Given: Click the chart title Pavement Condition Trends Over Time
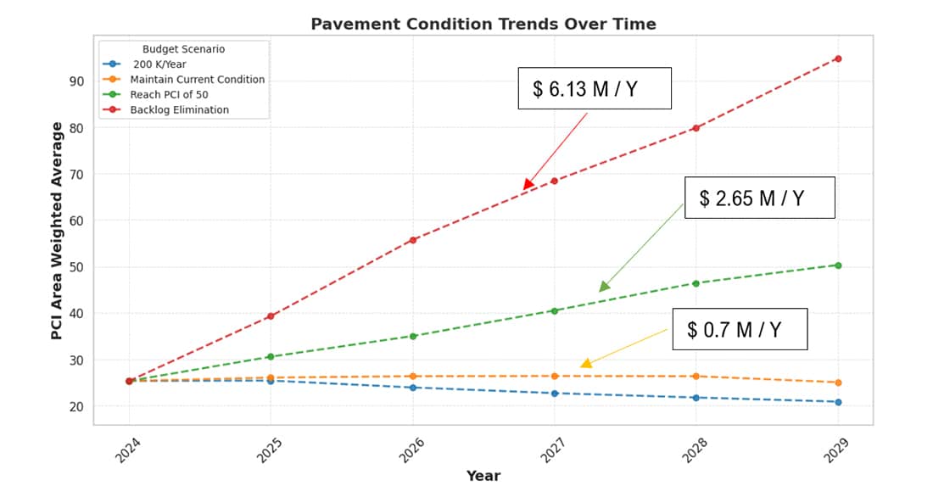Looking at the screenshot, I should [483, 24].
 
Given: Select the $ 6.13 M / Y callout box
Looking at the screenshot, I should [594, 89].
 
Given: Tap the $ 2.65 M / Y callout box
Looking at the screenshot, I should [759, 198].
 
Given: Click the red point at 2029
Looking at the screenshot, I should [837, 59].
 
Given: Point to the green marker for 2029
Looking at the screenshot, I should [837, 265].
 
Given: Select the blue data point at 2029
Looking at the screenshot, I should [837, 402].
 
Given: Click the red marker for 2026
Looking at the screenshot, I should [412, 240].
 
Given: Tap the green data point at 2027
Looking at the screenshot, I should [554, 310].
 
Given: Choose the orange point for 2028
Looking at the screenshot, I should [696, 376].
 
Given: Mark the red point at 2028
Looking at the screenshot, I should [696, 128].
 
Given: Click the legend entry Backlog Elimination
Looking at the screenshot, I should [179, 110].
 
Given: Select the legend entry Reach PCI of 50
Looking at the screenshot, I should [169, 95].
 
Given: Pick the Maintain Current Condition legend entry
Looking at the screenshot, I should [197, 80].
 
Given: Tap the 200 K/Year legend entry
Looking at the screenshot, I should [159, 64].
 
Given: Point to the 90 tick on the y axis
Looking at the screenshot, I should [76, 81].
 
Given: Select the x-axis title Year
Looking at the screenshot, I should [483, 477].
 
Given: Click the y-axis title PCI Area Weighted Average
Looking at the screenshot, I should [57, 231].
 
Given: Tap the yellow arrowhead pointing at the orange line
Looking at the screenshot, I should [586, 363].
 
